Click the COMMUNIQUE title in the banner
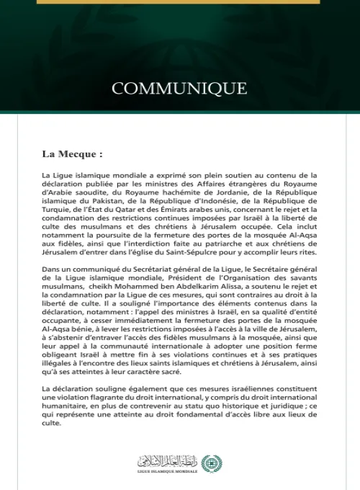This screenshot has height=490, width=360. coord(179,89)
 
